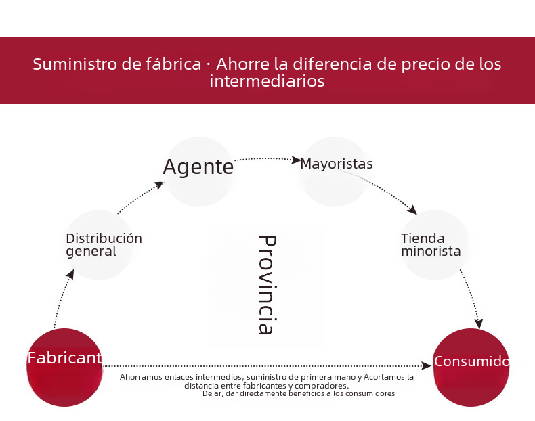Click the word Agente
198,167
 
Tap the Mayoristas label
337,164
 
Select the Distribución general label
104,245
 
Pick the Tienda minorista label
431,245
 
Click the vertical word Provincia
267,285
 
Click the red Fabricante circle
64,367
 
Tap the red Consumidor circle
471,367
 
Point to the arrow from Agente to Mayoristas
267,159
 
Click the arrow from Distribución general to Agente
140,198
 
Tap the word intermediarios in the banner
267,81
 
